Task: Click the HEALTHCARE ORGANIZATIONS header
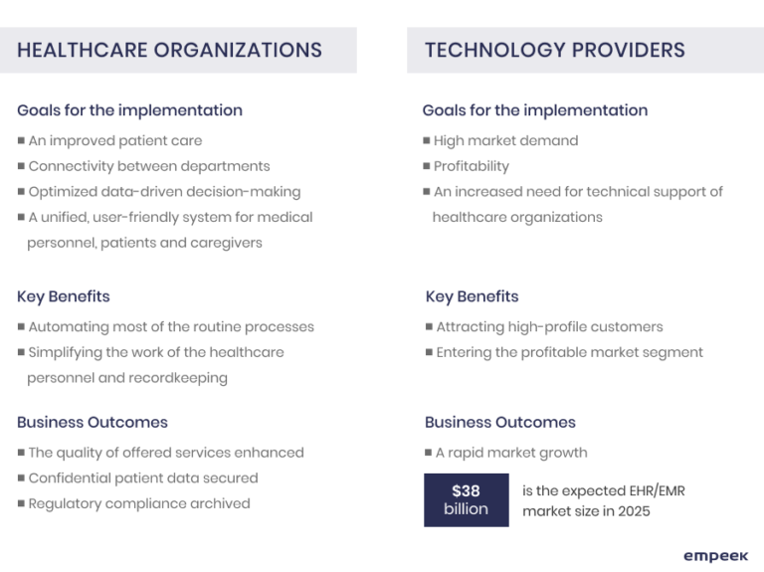pos(169,50)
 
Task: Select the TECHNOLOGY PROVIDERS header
pos(554,50)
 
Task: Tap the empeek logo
pos(715,556)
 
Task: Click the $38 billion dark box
pos(466,499)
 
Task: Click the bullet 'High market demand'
pos(505,141)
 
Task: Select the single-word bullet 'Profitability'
pos(471,166)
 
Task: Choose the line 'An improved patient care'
pos(115,141)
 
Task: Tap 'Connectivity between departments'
pos(149,166)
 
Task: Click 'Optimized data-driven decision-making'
pos(164,192)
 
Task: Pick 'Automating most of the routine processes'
pos(171,327)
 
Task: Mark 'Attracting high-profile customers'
pos(549,327)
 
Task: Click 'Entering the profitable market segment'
pos(569,352)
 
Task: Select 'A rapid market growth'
pos(511,453)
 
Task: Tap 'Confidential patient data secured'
pos(143,478)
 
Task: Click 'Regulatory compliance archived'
pos(139,503)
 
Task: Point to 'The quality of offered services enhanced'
pos(166,453)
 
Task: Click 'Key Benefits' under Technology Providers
pos(472,296)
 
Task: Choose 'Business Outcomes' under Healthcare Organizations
pos(93,423)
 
